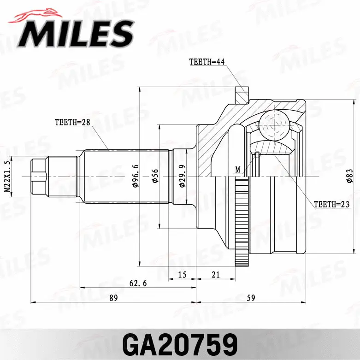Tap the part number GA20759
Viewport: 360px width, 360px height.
(x=180, y=343)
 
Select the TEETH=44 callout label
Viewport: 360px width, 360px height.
(x=207, y=62)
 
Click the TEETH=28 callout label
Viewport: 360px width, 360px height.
(x=71, y=122)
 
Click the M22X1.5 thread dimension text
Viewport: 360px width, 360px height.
(x=7, y=177)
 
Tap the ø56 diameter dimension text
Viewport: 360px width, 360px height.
(x=155, y=176)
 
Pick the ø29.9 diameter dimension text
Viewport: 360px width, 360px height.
(x=182, y=176)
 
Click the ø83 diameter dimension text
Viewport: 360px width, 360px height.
(x=350, y=176)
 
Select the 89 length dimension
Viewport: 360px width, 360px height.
(x=113, y=298)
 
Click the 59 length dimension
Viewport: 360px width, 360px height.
(x=251, y=298)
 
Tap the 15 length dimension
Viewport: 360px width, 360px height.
(x=182, y=275)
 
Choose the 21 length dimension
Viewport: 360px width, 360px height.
(x=215, y=275)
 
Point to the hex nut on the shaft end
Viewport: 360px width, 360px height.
(x=40, y=177)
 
